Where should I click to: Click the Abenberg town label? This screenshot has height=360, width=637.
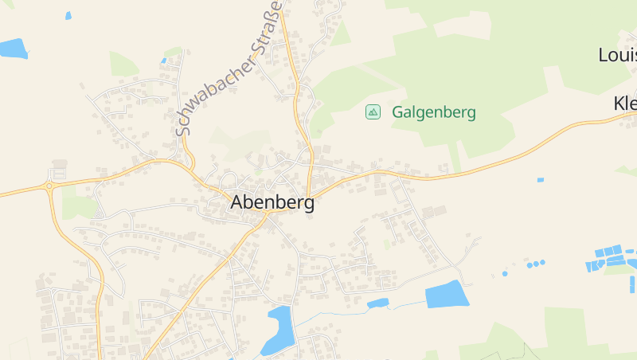point(272,202)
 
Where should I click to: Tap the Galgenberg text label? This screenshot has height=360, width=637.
point(433,112)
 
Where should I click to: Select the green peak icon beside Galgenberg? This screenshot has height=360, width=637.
point(373,112)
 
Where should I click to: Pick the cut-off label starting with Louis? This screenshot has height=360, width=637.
point(617,55)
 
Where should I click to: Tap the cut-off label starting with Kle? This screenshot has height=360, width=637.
point(624,104)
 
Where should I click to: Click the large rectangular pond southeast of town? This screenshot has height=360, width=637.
point(447,294)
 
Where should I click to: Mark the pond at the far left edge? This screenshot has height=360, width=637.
point(13,49)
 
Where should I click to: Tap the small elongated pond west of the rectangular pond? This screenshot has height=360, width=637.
point(377,303)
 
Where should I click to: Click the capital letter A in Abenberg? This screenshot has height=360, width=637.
point(237,202)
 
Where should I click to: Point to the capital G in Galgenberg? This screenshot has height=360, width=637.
point(398,112)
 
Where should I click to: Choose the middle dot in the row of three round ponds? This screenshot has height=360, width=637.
point(536,263)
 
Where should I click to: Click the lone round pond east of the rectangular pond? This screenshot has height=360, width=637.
point(505,273)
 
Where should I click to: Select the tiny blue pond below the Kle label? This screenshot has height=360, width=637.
point(541,180)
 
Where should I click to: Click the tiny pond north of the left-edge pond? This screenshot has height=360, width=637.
point(68,15)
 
